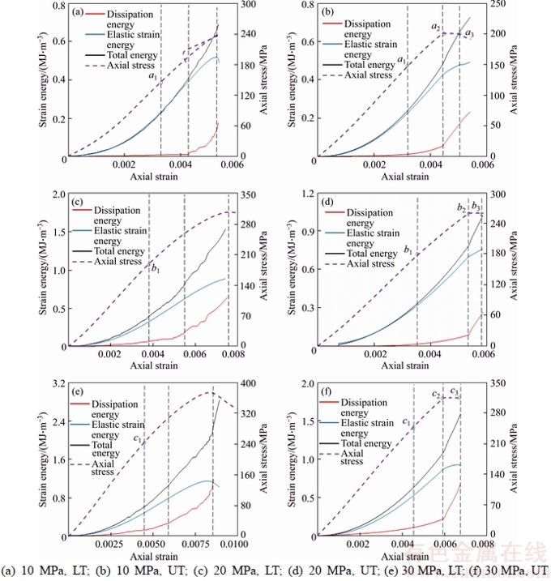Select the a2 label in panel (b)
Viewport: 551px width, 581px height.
(x=436, y=28)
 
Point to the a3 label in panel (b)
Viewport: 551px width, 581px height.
(x=468, y=33)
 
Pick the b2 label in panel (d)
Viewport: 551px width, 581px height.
(x=461, y=209)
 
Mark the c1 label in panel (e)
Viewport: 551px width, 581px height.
(x=139, y=439)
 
